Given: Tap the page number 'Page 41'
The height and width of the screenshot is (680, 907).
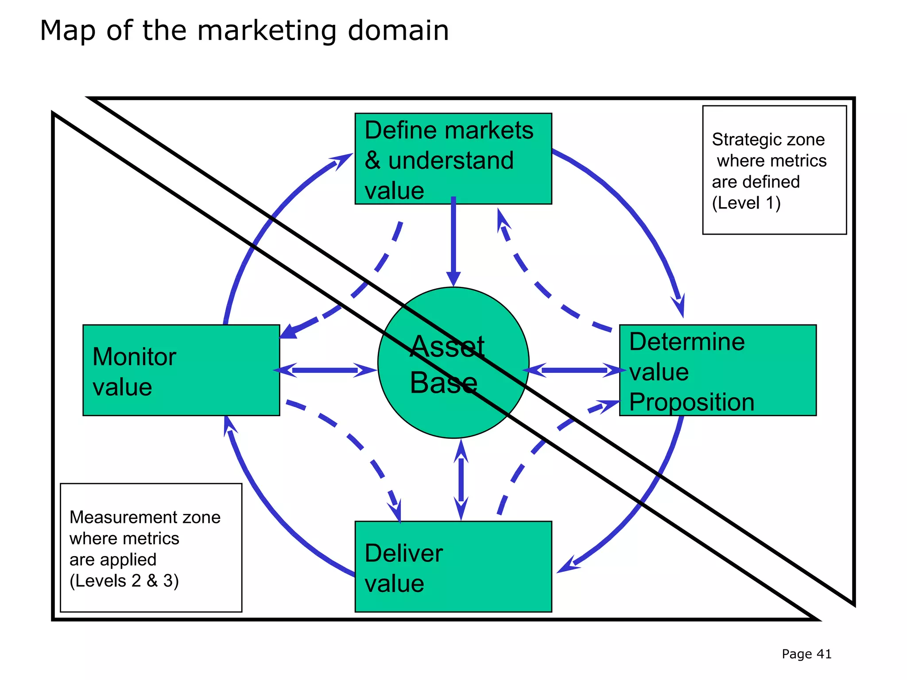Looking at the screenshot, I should coord(806,654).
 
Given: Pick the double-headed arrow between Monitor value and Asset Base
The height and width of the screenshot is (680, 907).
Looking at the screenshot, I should coord(325,370).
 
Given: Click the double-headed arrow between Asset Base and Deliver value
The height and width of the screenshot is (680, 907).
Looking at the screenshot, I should coord(461,480).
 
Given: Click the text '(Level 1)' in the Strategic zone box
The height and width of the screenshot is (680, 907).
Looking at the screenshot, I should coord(746,203).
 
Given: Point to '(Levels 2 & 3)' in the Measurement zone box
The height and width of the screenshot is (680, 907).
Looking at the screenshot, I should coord(124,581).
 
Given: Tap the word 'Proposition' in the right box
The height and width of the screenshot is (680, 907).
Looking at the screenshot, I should coord(692,402).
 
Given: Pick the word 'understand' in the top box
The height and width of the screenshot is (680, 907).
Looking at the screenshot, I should coord(451,160).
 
